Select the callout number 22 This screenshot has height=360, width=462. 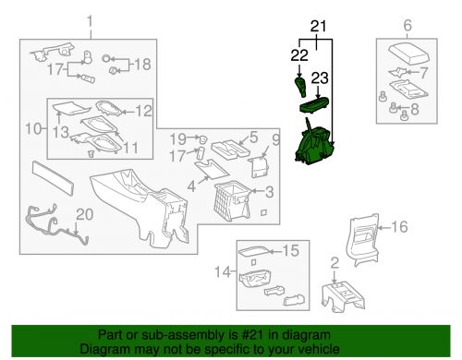point(298,57)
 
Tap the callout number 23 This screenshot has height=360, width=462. point(321,78)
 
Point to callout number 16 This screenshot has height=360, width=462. point(400,225)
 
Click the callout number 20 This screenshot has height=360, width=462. point(84,214)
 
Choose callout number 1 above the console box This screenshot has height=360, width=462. point(90,20)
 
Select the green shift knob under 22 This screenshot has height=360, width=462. point(300,88)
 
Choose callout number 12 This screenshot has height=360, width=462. point(144,111)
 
